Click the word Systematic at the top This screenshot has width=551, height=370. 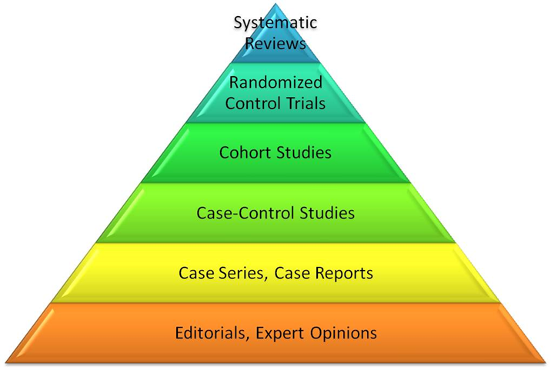tap(275, 25)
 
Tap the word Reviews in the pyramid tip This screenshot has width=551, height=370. tap(275, 43)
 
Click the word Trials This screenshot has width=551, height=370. tap(305, 102)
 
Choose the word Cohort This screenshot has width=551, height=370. tap(245, 152)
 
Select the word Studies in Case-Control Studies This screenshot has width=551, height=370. tap(327, 212)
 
